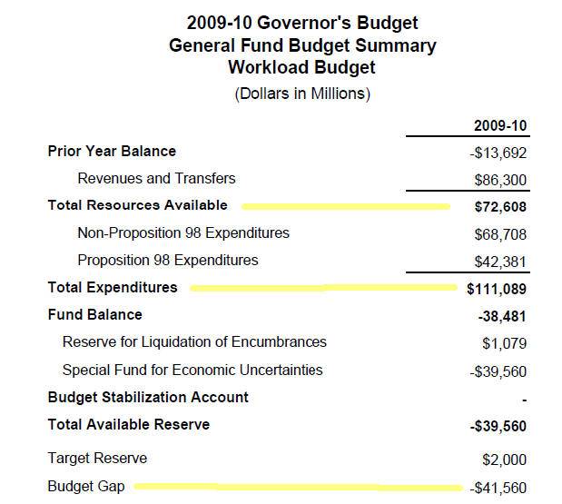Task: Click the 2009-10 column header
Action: pyautogui.click(x=500, y=126)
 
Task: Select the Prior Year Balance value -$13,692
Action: pyautogui.click(x=498, y=153)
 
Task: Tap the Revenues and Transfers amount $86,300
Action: pyautogui.click(x=500, y=180)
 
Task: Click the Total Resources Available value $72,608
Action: pyautogui.click(x=500, y=207)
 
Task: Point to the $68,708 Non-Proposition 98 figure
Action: pyautogui.click(x=500, y=234)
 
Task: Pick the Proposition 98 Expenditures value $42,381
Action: pyautogui.click(x=500, y=262)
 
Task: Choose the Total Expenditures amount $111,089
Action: pyautogui.click(x=497, y=289)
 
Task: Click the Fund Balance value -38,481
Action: pyautogui.click(x=502, y=317)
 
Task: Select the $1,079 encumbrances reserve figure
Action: pyautogui.click(x=504, y=343)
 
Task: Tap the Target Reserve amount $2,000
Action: pyautogui.click(x=504, y=460)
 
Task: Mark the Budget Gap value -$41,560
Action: pyautogui.click(x=498, y=488)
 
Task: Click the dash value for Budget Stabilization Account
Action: pyautogui.click(x=525, y=400)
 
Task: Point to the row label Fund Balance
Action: pyautogui.click(x=95, y=315)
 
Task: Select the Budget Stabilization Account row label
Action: pyautogui.click(x=148, y=397)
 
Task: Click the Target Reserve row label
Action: pyautogui.click(x=97, y=458)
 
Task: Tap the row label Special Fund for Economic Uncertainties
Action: pyautogui.click(x=192, y=370)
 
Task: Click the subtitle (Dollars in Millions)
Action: pyautogui.click(x=302, y=94)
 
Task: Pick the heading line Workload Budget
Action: pyautogui.click(x=301, y=67)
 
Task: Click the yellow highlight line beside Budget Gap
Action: pyautogui.click(x=298, y=487)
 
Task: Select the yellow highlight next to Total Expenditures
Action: pyautogui.click(x=323, y=288)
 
